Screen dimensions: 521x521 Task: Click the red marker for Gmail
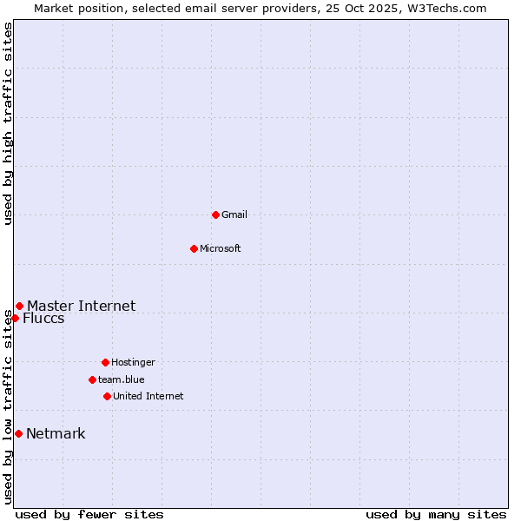[215, 214]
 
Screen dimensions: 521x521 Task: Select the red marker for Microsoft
[194, 248]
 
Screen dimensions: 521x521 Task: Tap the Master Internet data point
[19, 306]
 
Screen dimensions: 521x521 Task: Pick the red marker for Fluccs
[15, 318]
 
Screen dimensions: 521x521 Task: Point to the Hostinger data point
[105, 362]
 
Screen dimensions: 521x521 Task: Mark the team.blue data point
[92, 379]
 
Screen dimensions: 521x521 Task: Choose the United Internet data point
[107, 396]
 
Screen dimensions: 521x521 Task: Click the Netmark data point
[18, 433]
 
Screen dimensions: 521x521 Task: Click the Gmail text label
[234, 214]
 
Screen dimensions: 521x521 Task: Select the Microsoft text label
[221, 248]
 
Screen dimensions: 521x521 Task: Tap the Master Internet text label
[82, 306]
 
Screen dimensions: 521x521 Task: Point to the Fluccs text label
[43, 319]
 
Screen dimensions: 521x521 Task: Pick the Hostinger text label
[133, 362]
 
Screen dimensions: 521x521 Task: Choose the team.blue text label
[122, 379]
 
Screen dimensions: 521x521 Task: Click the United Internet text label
[148, 396]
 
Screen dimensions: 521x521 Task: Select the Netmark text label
[56, 434]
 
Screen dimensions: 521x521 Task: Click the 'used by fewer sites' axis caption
[89, 514]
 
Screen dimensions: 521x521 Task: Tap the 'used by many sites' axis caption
[436, 514]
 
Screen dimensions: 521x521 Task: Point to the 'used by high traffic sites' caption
[8, 123]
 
